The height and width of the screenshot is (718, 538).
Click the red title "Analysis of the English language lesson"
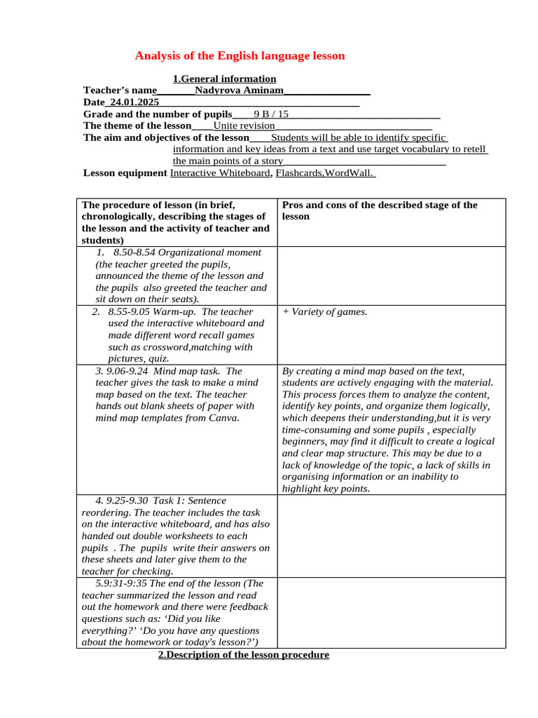240,55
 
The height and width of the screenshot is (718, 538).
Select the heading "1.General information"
224,79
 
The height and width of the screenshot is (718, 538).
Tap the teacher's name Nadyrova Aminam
240,90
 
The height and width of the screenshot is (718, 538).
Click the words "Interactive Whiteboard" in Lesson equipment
220,172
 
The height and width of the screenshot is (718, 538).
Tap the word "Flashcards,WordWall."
326,172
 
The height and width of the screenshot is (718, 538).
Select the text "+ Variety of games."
324,312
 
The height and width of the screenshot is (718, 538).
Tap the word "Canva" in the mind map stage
223,419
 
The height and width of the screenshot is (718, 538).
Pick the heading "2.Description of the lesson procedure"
243,655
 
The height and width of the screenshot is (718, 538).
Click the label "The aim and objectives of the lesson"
166,137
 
